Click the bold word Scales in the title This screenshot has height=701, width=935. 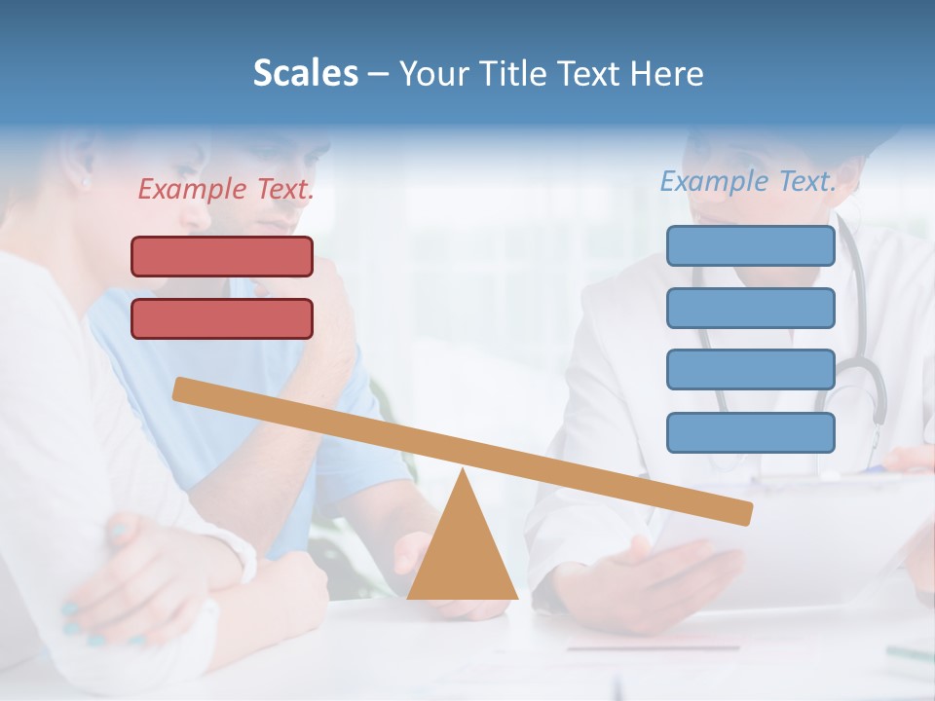point(305,73)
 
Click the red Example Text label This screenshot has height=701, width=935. point(226,189)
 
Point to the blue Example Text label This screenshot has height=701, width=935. point(748,180)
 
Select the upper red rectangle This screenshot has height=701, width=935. point(222,256)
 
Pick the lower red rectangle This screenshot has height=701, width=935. point(222,318)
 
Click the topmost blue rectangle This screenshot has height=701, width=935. point(750,245)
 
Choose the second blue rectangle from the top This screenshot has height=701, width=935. point(750,308)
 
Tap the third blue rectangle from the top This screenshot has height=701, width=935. point(750,369)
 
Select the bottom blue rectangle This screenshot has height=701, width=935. point(750,432)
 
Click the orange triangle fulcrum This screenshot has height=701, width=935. point(462,555)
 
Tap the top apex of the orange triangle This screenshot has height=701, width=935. point(463,471)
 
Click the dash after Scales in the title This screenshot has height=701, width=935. point(379,74)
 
